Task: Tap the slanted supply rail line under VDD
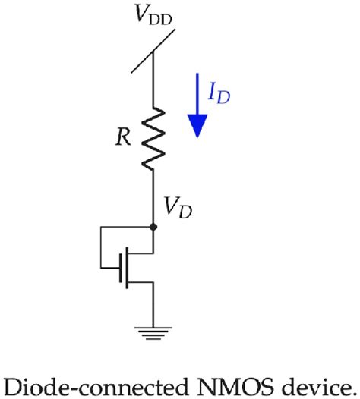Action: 154,52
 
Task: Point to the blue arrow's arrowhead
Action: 197,126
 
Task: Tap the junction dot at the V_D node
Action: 154,225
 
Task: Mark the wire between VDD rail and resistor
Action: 154,83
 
